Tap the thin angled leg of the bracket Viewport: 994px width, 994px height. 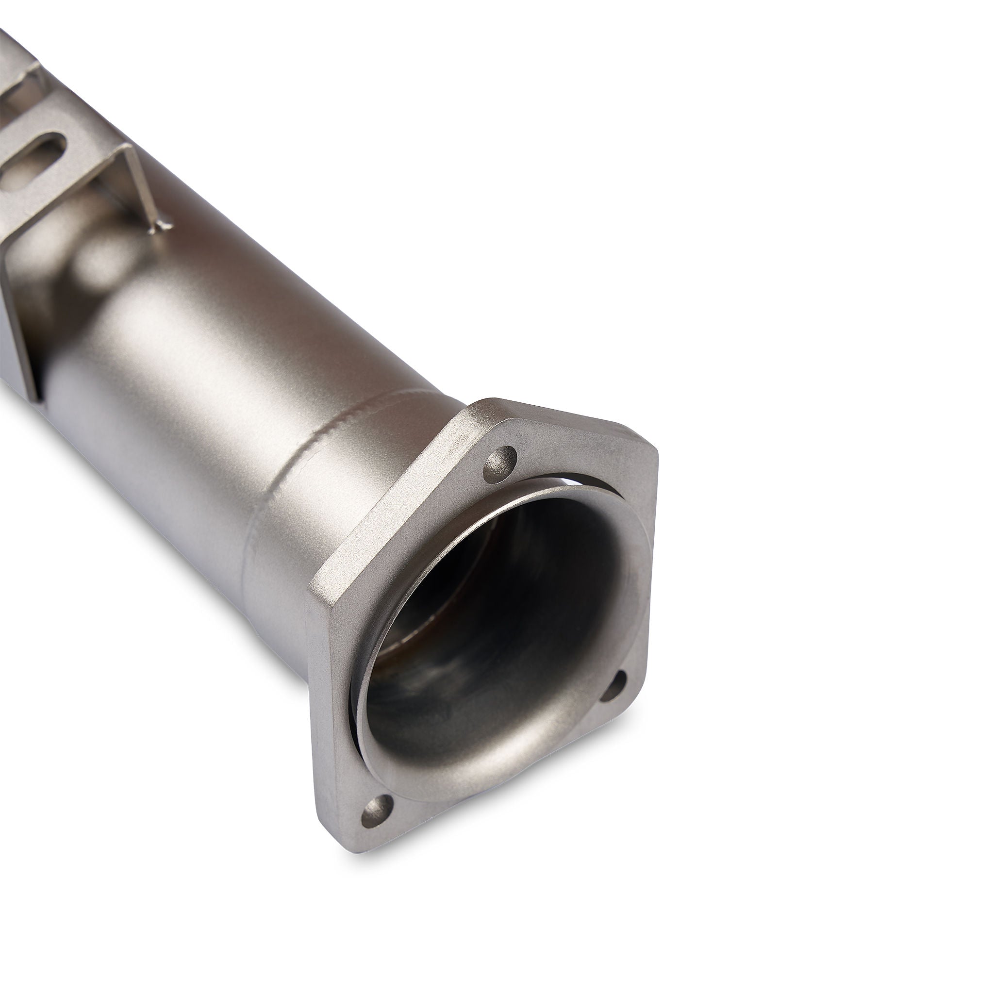coord(140,180)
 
